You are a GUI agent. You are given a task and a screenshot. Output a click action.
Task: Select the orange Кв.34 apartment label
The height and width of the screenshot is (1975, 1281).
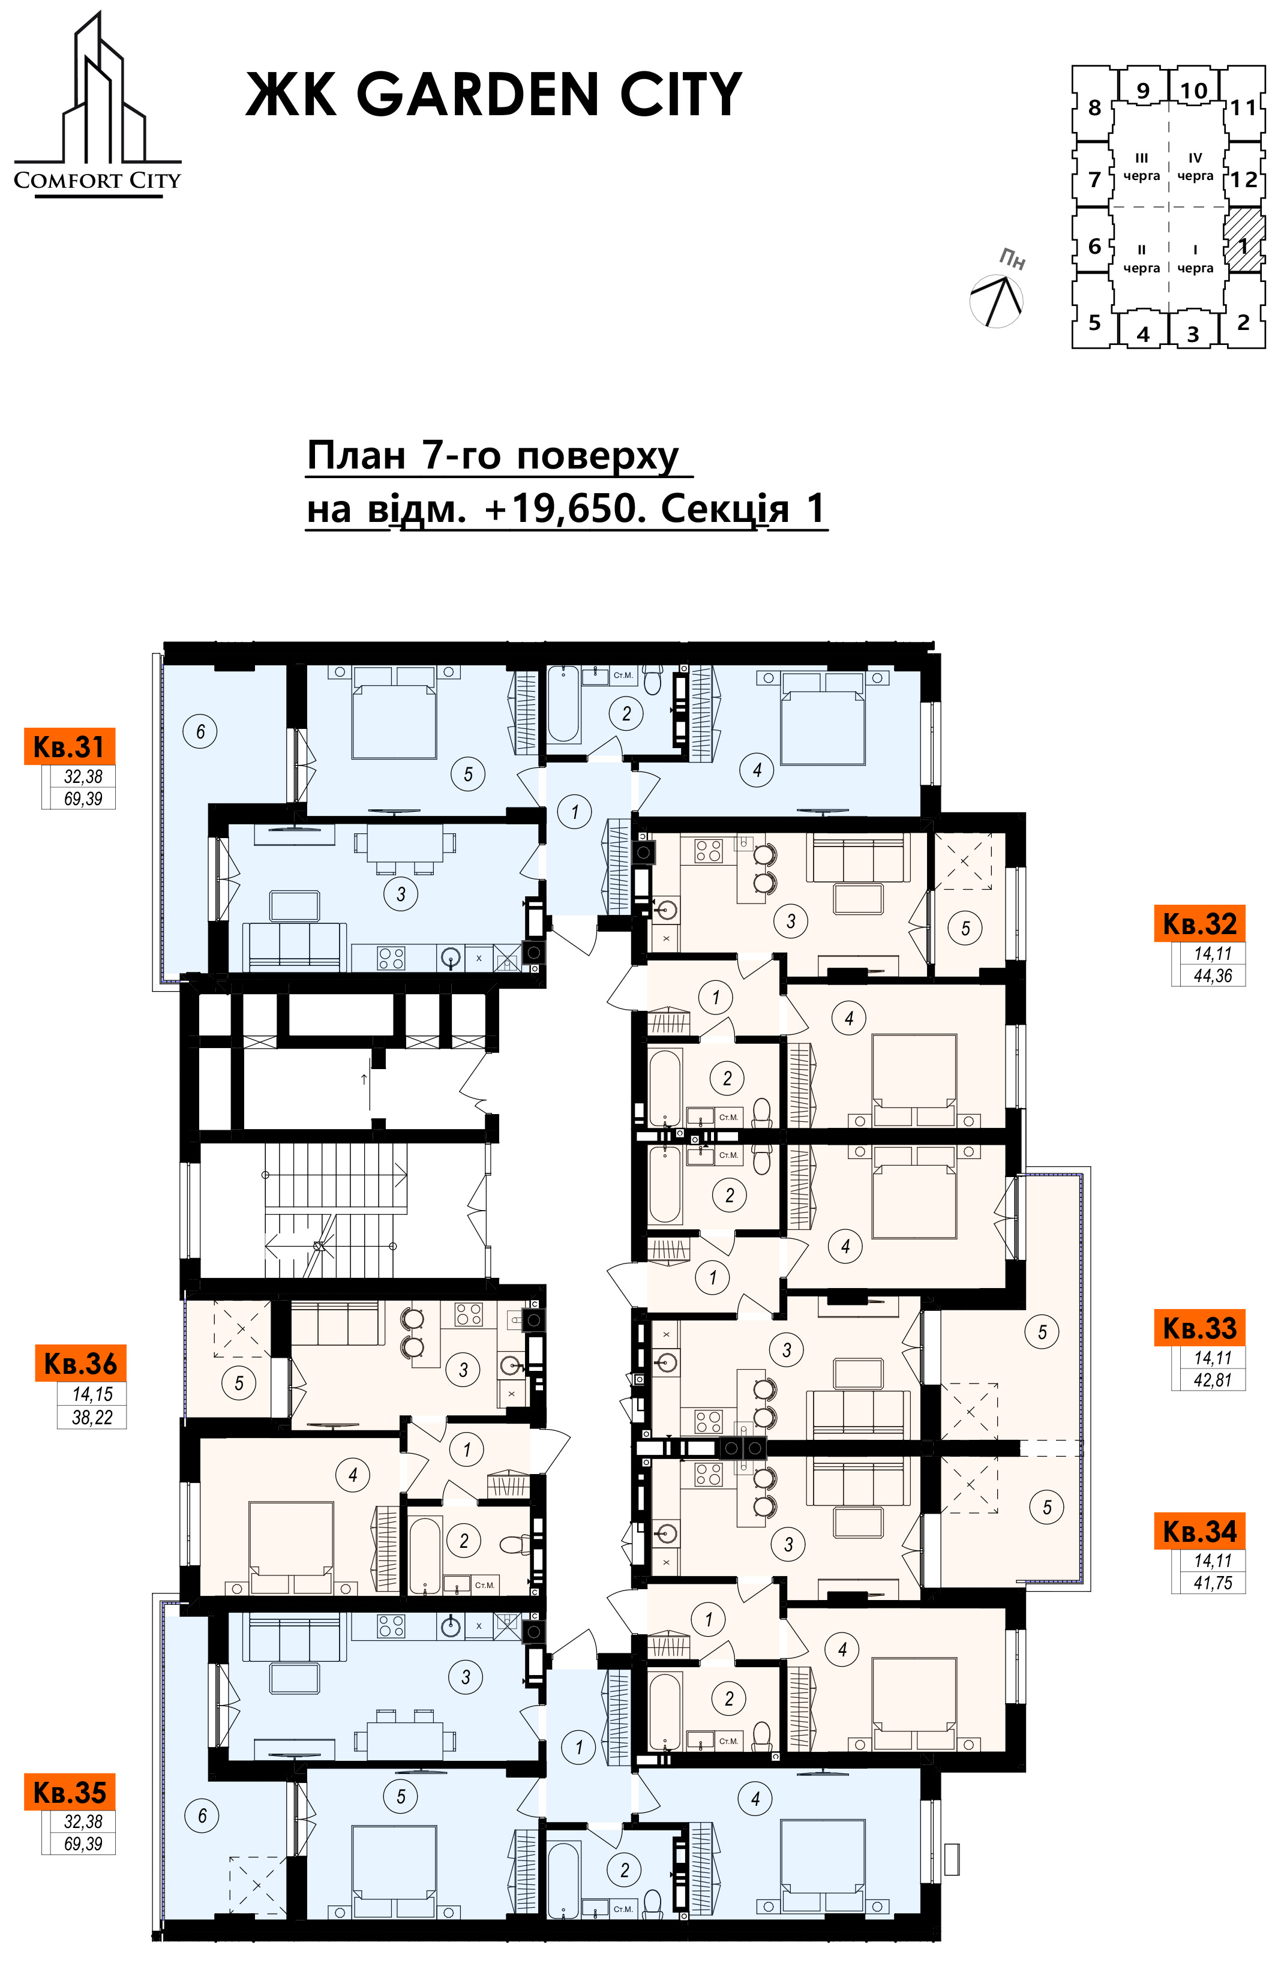click(x=1199, y=1531)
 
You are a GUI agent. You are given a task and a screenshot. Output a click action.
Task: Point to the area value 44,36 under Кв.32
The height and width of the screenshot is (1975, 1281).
click(x=1212, y=976)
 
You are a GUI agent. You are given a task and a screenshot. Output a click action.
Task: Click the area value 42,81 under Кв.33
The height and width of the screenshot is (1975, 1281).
click(x=1212, y=1380)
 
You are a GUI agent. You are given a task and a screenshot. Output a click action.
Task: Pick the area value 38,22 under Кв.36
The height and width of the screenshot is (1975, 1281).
click(x=91, y=1417)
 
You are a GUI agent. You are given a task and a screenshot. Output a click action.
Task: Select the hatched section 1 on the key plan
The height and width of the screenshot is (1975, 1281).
click(x=1244, y=241)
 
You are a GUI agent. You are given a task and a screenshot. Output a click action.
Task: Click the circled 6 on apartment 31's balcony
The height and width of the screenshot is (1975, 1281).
click(x=200, y=731)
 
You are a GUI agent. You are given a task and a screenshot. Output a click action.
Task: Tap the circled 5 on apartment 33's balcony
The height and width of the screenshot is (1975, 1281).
click(x=1043, y=1332)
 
